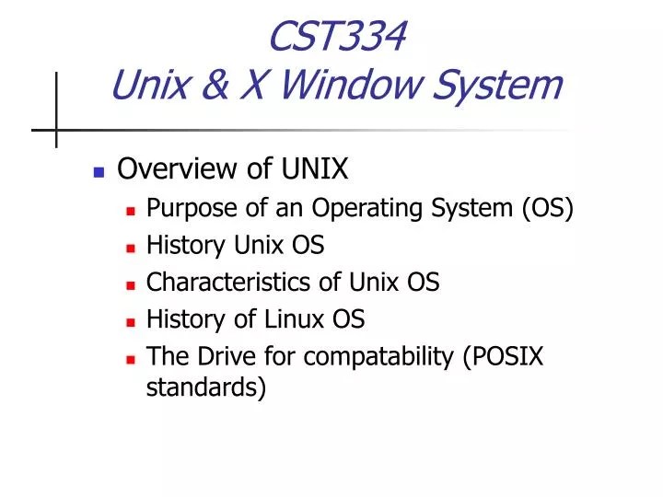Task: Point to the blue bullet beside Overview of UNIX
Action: tap(99, 172)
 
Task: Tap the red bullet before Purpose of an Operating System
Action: tap(132, 211)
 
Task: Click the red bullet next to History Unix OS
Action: tap(132, 248)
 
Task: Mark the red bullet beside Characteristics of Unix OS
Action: tap(132, 284)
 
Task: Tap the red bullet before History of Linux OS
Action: tap(132, 321)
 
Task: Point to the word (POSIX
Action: tap(506, 356)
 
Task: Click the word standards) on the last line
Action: tap(206, 387)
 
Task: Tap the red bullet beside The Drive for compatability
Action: tap(132, 358)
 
